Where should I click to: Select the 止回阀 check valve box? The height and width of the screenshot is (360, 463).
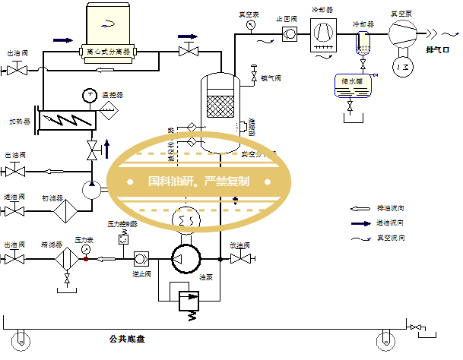[290, 33]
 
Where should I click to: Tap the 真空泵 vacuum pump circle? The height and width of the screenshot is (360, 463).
[402, 33]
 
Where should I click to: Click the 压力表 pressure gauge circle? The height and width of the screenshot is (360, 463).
[85, 248]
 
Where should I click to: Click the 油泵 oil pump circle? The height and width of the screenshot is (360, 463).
[183, 259]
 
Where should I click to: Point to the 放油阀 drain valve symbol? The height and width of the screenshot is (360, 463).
[243, 259]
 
